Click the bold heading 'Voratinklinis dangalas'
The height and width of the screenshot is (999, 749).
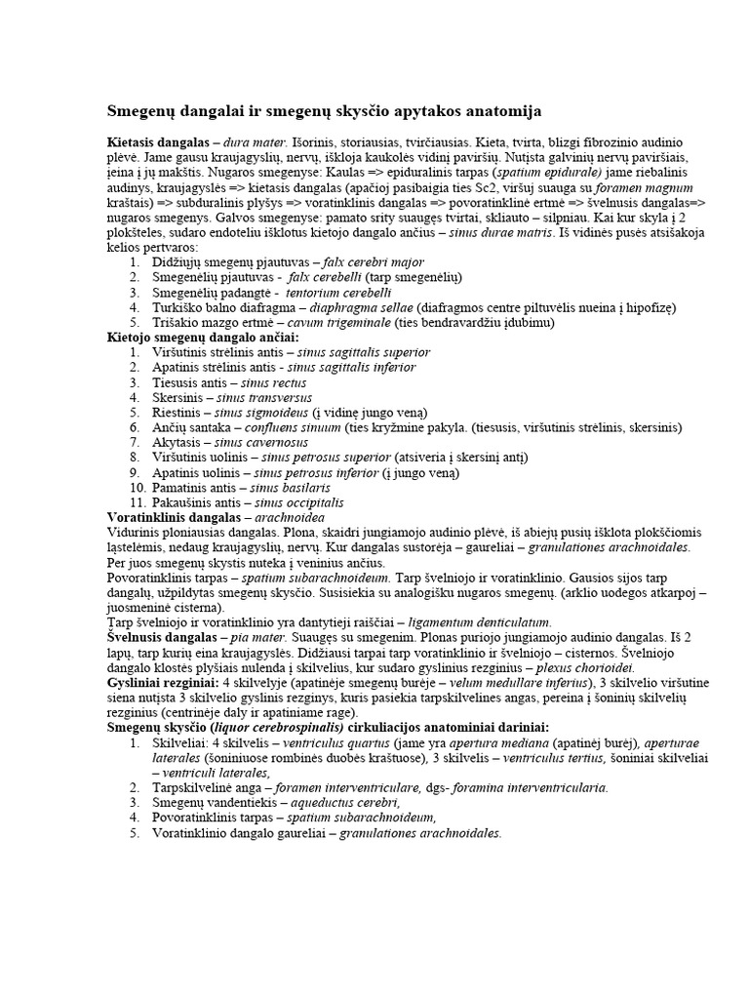172,517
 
